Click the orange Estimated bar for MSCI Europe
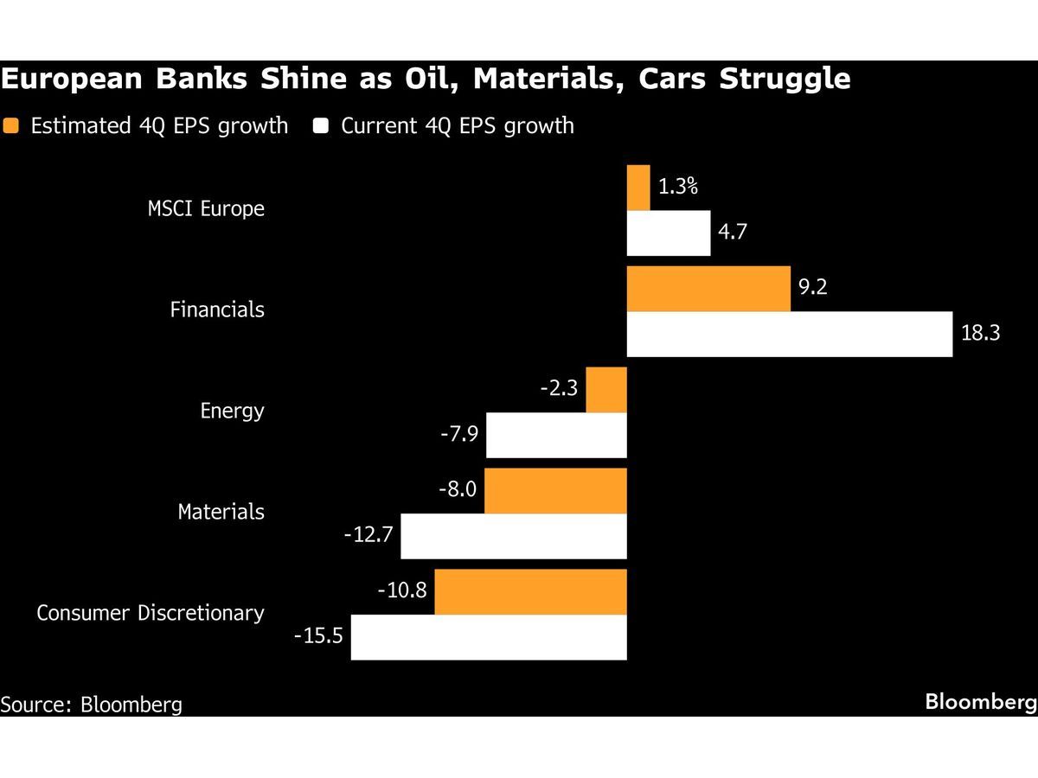[638, 188]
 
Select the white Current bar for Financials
[789, 334]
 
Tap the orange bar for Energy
[606, 390]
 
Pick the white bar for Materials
[514, 536]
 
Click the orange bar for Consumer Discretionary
[530, 591]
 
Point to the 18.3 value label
[980, 333]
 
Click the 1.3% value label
[678, 186]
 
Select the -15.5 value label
[319, 636]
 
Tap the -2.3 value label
[558, 389]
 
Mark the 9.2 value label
[813, 287]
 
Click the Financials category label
[217, 309]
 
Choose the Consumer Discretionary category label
[151, 613]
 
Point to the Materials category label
[221, 512]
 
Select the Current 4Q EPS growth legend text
[457, 126]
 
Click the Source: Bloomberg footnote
[91, 705]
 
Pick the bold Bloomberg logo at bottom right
[980, 702]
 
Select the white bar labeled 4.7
[668, 233]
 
